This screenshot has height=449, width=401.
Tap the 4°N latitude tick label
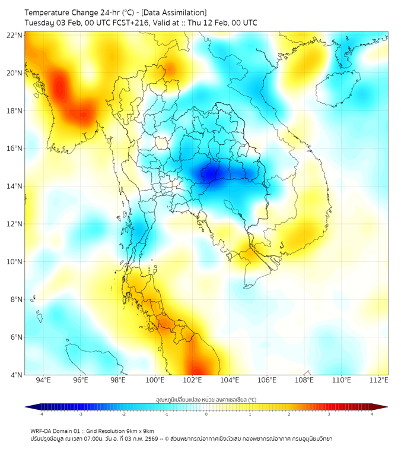point(17,375)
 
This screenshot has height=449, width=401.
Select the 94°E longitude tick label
point(43,380)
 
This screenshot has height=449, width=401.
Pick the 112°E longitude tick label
point(379,380)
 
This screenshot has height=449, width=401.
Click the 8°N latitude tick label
point(17,299)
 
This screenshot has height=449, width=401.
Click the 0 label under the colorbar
point(206,414)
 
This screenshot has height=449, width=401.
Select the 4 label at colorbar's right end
point(372,414)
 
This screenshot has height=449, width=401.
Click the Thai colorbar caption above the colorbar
point(206,400)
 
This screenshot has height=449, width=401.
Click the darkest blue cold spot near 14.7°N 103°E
point(211,173)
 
